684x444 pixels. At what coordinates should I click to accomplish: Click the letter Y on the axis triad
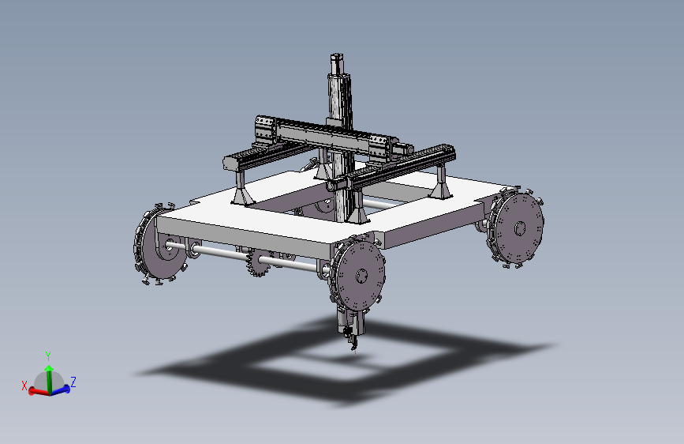coord(48,356)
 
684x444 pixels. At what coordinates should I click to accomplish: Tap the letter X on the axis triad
coord(24,386)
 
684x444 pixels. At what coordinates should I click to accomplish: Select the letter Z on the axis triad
coord(73,382)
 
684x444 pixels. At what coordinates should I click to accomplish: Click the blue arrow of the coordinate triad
coord(61,389)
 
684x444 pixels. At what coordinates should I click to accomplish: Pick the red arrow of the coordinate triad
coord(39,392)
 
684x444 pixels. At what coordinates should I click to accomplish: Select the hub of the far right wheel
coord(520,228)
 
